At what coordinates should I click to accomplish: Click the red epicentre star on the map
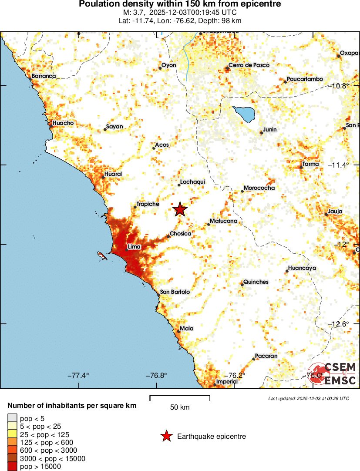point(180,209)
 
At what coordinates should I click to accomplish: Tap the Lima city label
point(134,247)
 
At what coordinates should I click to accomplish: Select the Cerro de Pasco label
point(249,65)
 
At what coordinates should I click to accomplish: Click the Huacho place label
point(63,123)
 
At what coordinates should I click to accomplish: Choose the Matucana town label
point(223,221)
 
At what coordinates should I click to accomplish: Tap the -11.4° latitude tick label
point(340,165)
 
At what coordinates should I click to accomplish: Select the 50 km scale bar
point(180,397)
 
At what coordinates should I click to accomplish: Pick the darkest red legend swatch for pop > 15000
point(13,466)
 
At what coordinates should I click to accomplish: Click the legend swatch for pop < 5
point(13,418)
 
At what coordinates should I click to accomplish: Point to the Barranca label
point(44,76)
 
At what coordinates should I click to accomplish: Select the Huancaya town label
point(303,268)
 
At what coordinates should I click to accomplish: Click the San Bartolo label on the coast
point(175,292)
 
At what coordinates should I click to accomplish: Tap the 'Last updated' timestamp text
point(309,398)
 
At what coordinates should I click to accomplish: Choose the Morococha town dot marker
point(242,191)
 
